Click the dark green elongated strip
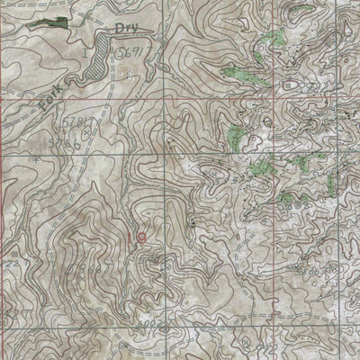(49, 22)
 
